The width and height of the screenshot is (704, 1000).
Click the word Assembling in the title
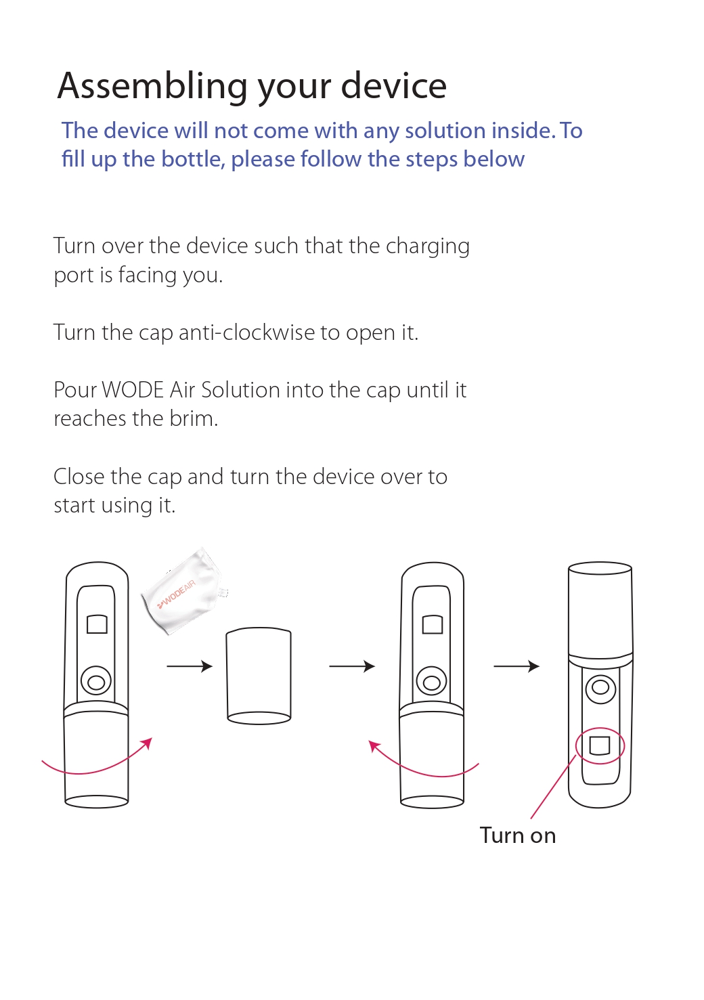(x=152, y=87)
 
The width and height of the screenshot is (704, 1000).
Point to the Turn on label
(x=518, y=835)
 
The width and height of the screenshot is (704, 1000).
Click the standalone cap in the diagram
(x=259, y=676)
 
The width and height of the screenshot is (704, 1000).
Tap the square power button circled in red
(x=600, y=745)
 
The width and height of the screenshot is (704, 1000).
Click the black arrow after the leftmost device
(x=190, y=666)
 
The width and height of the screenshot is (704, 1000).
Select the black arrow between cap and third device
(x=352, y=666)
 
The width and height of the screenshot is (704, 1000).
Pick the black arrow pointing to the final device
(x=516, y=666)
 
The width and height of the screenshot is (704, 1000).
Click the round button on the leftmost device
(x=96, y=681)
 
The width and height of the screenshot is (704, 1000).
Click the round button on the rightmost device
(x=600, y=688)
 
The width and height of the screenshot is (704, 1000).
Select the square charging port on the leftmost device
(x=97, y=624)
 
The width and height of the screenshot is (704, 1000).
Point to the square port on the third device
(x=432, y=624)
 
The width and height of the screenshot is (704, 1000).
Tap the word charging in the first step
(x=428, y=247)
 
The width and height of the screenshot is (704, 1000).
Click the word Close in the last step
(x=79, y=477)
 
